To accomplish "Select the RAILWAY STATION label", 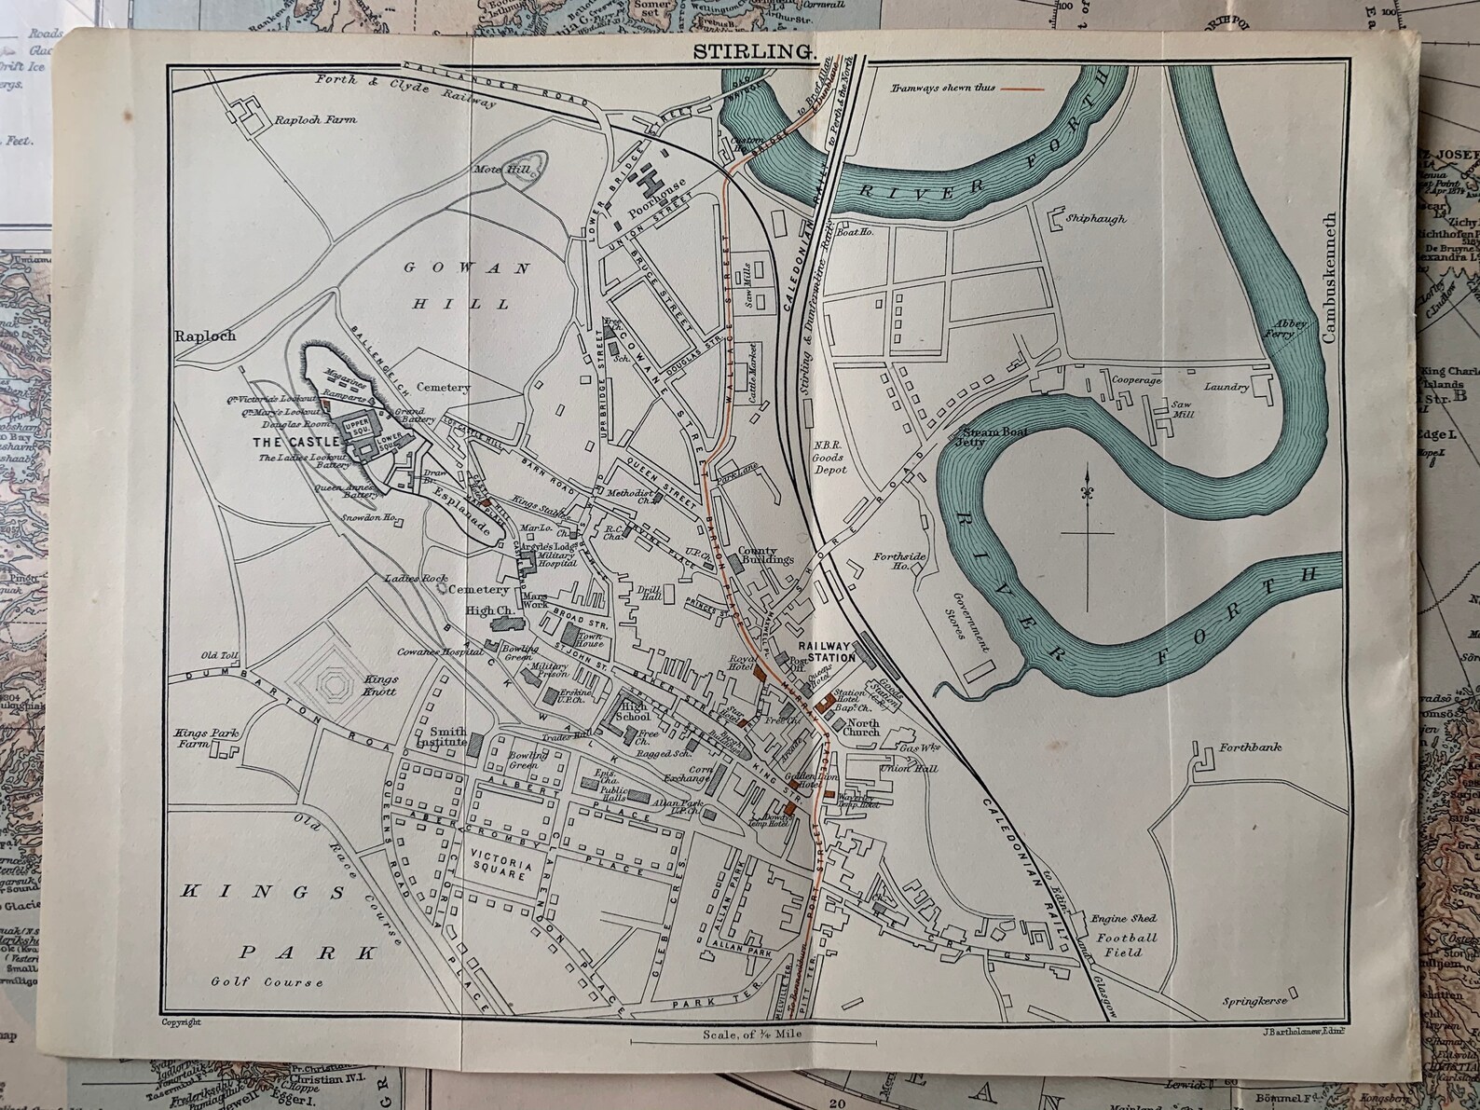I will [827, 651].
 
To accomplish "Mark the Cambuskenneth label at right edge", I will [1330, 262].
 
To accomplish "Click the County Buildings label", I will [765, 555].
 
